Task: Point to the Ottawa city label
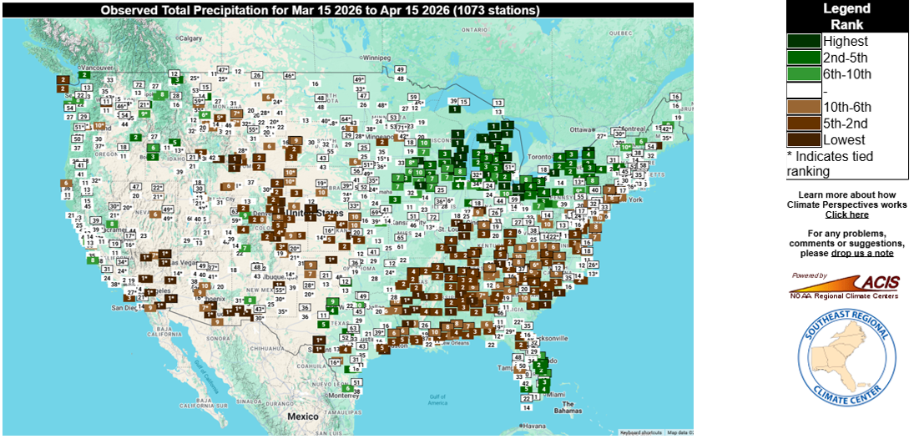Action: [581, 129]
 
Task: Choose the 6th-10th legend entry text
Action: [846, 74]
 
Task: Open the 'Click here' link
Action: [846, 214]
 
